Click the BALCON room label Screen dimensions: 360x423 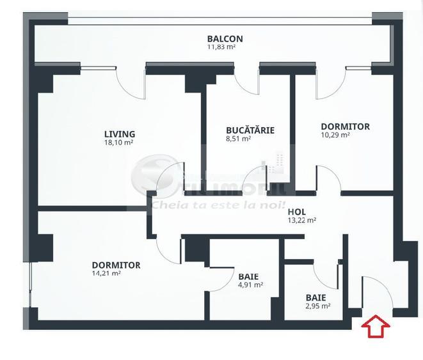click(x=225, y=38)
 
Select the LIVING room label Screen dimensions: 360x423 click(x=120, y=134)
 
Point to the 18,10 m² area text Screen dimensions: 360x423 click(x=119, y=143)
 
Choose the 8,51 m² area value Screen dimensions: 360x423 click(x=238, y=138)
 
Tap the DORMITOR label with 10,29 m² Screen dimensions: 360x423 click(x=345, y=127)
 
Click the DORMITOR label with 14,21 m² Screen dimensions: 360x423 click(x=116, y=265)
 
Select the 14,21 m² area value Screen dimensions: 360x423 click(x=106, y=273)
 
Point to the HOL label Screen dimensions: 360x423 click(x=296, y=211)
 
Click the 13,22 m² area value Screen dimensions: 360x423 click(x=302, y=220)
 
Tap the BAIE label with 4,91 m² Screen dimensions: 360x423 click(x=248, y=276)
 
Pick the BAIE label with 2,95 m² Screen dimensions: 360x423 click(x=315, y=297)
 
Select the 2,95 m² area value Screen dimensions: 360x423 click(x=317, y=306)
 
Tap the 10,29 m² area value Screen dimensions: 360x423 click(x=335, y=135)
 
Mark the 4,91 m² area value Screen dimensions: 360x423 click(x=250, y=285)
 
